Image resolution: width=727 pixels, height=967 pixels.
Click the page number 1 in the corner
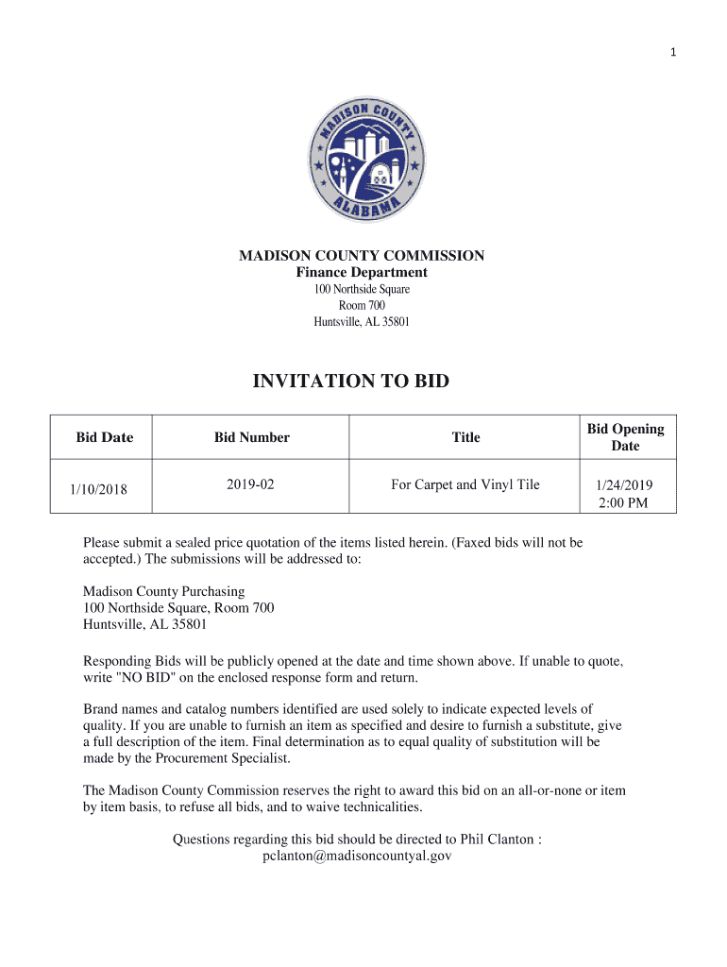tap(673, 53)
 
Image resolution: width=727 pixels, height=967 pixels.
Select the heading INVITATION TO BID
tap(351, 382)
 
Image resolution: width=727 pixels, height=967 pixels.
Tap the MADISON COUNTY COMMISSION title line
tap(362, 256)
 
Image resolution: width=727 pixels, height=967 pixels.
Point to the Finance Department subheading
tap(362, 273)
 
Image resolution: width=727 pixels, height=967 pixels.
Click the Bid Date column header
tap(105, 437)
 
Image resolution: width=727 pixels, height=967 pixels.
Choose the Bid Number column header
tap(252, 437)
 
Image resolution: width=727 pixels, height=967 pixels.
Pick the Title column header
tap(465, 437)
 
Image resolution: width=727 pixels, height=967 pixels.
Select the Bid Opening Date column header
tap(625, 437)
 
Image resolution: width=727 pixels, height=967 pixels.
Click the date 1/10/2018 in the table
tap(98, 489)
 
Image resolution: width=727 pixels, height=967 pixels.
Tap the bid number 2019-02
tap(250, 484)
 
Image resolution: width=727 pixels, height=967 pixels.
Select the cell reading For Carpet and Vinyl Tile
tap(465, 484)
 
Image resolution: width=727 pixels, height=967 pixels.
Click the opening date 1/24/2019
tap(623, 485)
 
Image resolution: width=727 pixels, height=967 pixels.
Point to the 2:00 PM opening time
tap(623, 502)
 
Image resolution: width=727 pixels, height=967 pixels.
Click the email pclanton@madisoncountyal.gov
tap(357, 856)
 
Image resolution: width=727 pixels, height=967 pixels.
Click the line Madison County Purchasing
tap(164, 591)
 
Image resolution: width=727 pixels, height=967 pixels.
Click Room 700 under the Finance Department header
tap(362, 305)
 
